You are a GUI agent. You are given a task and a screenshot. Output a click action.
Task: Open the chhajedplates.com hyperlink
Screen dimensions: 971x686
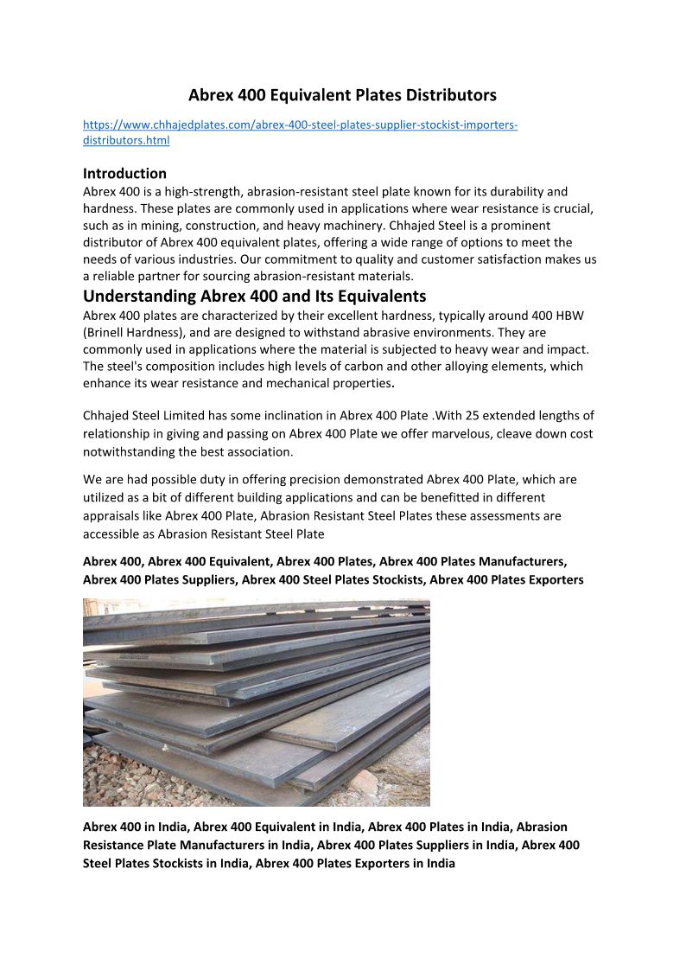[300, 125]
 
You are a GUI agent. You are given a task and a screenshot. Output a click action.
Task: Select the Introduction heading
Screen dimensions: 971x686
[124, 173]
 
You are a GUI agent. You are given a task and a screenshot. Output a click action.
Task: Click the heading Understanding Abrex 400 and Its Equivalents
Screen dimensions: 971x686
[255, 296]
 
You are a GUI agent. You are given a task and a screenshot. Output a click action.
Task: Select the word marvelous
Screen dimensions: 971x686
[484, 433]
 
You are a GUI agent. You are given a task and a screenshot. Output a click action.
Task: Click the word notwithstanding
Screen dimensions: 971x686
[128, 451]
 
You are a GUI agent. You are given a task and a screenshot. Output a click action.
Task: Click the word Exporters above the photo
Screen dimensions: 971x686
[551, 579]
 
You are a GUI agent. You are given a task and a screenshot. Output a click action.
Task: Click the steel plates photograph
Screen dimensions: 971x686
[257, 702]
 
